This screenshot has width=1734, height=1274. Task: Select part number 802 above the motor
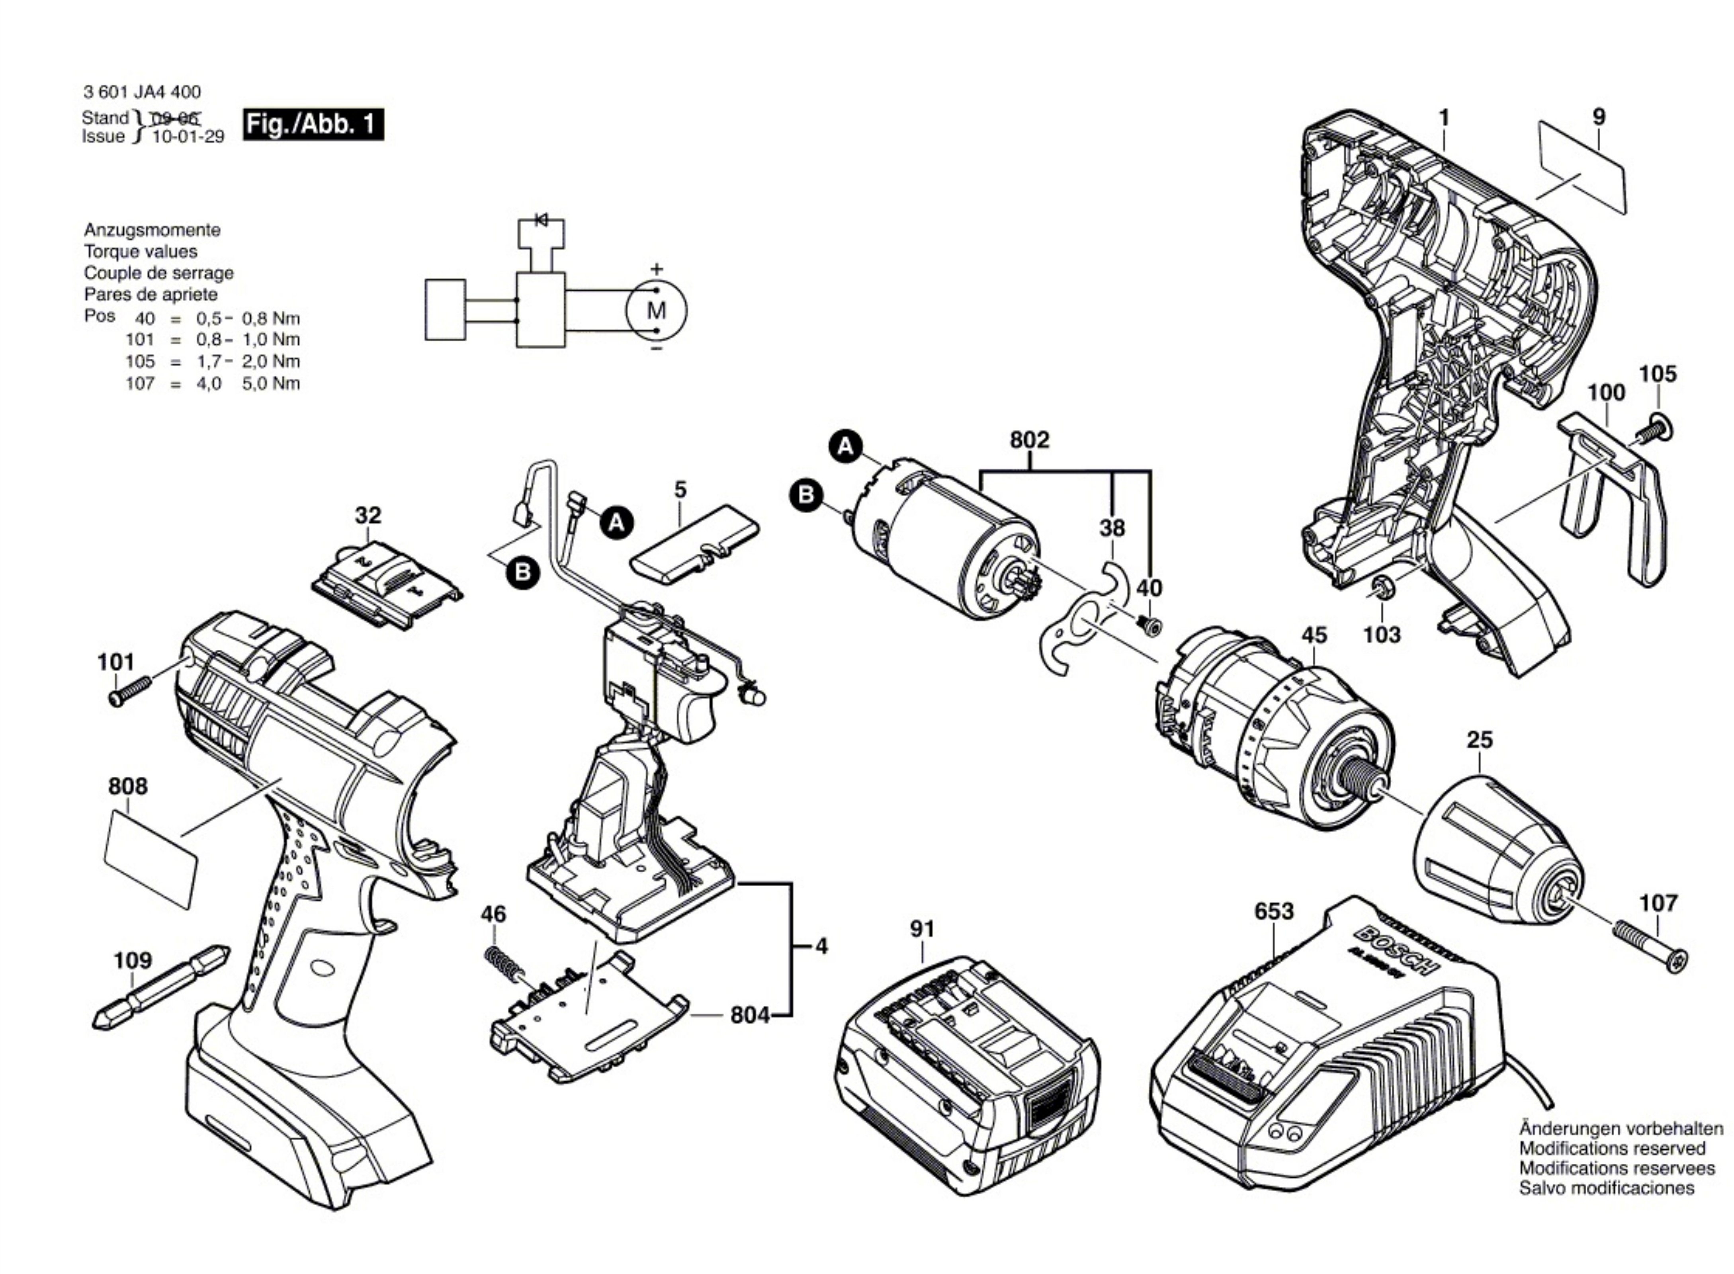tap(1029, 440)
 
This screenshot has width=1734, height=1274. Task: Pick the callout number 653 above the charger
tap(1273, 911)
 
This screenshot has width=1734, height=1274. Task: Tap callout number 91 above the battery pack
tap(923, 929)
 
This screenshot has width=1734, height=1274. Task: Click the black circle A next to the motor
tap(846, 447)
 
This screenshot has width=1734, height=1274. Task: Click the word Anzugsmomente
tap(152, 230)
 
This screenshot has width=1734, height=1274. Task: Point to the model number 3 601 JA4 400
tap(142, 92)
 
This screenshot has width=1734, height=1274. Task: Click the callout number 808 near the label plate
tap(127, 786)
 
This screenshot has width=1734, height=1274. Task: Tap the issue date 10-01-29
tap(188, 137)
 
